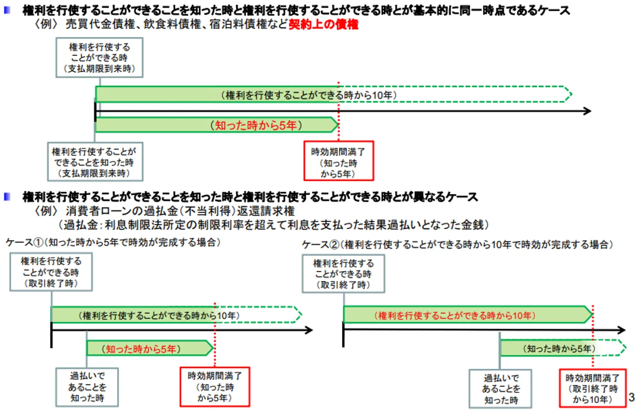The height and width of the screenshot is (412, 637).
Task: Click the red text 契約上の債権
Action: point(323,24)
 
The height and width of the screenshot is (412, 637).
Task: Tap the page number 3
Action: point(632,397)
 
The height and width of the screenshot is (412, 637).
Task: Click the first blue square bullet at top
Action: point(7,10)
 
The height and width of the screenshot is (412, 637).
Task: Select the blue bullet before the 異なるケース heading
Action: point(7,196)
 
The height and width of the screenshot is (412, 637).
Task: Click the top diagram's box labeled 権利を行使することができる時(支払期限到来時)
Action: point(99,58)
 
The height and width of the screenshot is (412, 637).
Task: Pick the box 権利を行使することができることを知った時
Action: point(95,162)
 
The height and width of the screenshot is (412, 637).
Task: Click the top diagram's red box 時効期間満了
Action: point(338,161)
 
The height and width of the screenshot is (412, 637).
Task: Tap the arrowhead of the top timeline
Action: point(587,111)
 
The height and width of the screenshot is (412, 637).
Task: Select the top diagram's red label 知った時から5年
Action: point(256,125)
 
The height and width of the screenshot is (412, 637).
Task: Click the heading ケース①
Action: point(113,242)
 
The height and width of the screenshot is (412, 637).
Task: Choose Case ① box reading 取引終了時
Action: point(51,272)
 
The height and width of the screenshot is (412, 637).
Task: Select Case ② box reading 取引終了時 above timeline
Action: point(343,274)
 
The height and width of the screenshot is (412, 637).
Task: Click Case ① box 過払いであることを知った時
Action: point(87,387)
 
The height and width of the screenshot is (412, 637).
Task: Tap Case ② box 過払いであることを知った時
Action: point(500,389)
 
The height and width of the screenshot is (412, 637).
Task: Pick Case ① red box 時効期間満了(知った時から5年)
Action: point(215,387)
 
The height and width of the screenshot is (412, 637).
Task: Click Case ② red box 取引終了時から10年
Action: point(592,389)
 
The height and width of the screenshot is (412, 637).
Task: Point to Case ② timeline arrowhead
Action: point(622,330)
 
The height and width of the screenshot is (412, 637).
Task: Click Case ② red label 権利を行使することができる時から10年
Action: point(455,316)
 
